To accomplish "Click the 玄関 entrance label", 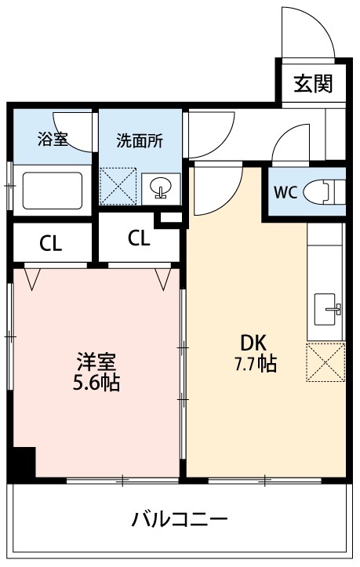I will coord(313,84).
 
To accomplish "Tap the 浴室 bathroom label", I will coord(53,140).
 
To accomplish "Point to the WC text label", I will coord(285,193).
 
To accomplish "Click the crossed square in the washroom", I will coord(120,189).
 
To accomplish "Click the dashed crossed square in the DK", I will coord(326,362).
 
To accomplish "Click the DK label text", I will coord(253,343).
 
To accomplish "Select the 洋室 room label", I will coord(96,362).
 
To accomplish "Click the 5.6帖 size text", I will coord(96,384).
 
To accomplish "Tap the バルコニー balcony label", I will coord(180,519).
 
